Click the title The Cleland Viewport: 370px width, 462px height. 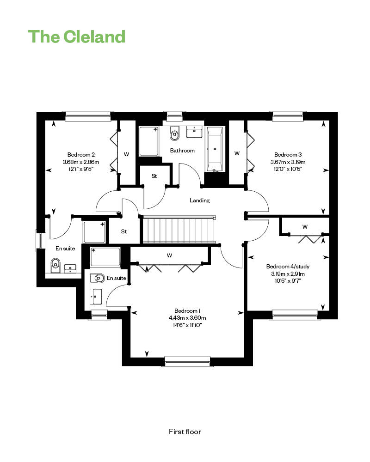pos(77,36)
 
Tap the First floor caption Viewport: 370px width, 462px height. pos(185,432)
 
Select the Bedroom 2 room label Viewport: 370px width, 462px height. pos(81,155)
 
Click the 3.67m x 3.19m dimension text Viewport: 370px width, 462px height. pos(288,162)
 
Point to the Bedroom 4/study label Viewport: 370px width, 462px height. pos(288,267)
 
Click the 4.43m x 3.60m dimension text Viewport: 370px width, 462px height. pos(187,318)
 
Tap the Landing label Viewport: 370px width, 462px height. pos(199,201)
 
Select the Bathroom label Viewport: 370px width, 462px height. pos(182,151)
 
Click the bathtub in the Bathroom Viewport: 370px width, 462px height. pos(215,149)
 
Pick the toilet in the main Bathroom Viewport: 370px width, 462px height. pos(175,134)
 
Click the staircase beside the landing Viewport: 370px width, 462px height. pos(179,230)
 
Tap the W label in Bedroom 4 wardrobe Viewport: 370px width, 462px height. pos(305,227)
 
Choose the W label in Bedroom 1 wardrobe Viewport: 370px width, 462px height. pos(169,255)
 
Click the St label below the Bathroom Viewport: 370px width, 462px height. pos(154,176)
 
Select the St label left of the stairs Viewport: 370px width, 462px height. pos(124,231)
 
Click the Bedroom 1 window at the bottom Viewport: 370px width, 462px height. pos(187,361)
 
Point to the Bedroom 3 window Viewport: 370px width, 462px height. pos(288,116)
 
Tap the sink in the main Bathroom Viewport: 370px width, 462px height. pos(194,132)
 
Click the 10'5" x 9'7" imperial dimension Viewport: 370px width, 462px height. pos(288,281)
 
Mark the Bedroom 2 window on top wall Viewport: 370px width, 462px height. pos(88,116)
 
